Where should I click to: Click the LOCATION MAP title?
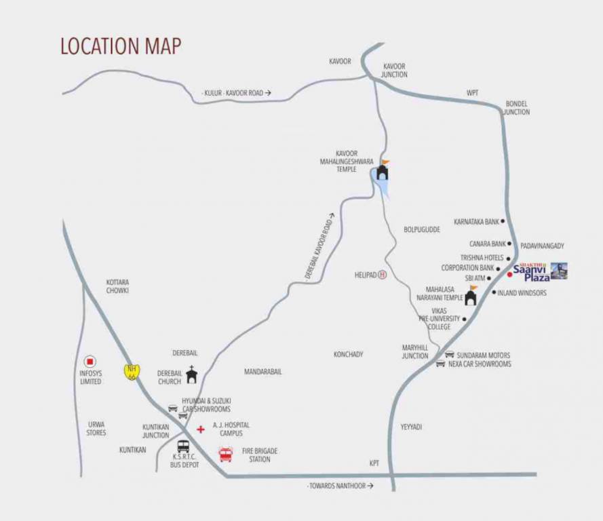121,45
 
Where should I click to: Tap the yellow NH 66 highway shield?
132,372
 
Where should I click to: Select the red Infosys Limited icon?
90,362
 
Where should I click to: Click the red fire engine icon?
225,454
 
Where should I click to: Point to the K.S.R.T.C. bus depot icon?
183,446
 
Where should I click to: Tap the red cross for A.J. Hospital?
200,429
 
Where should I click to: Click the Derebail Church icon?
192,374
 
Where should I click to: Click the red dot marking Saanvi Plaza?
509,275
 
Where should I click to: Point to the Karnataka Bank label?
477,221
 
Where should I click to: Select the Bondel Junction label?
516,108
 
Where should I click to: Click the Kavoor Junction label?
395,71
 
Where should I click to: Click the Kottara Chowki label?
117,286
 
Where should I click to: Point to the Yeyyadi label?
411,427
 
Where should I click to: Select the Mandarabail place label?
262,372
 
